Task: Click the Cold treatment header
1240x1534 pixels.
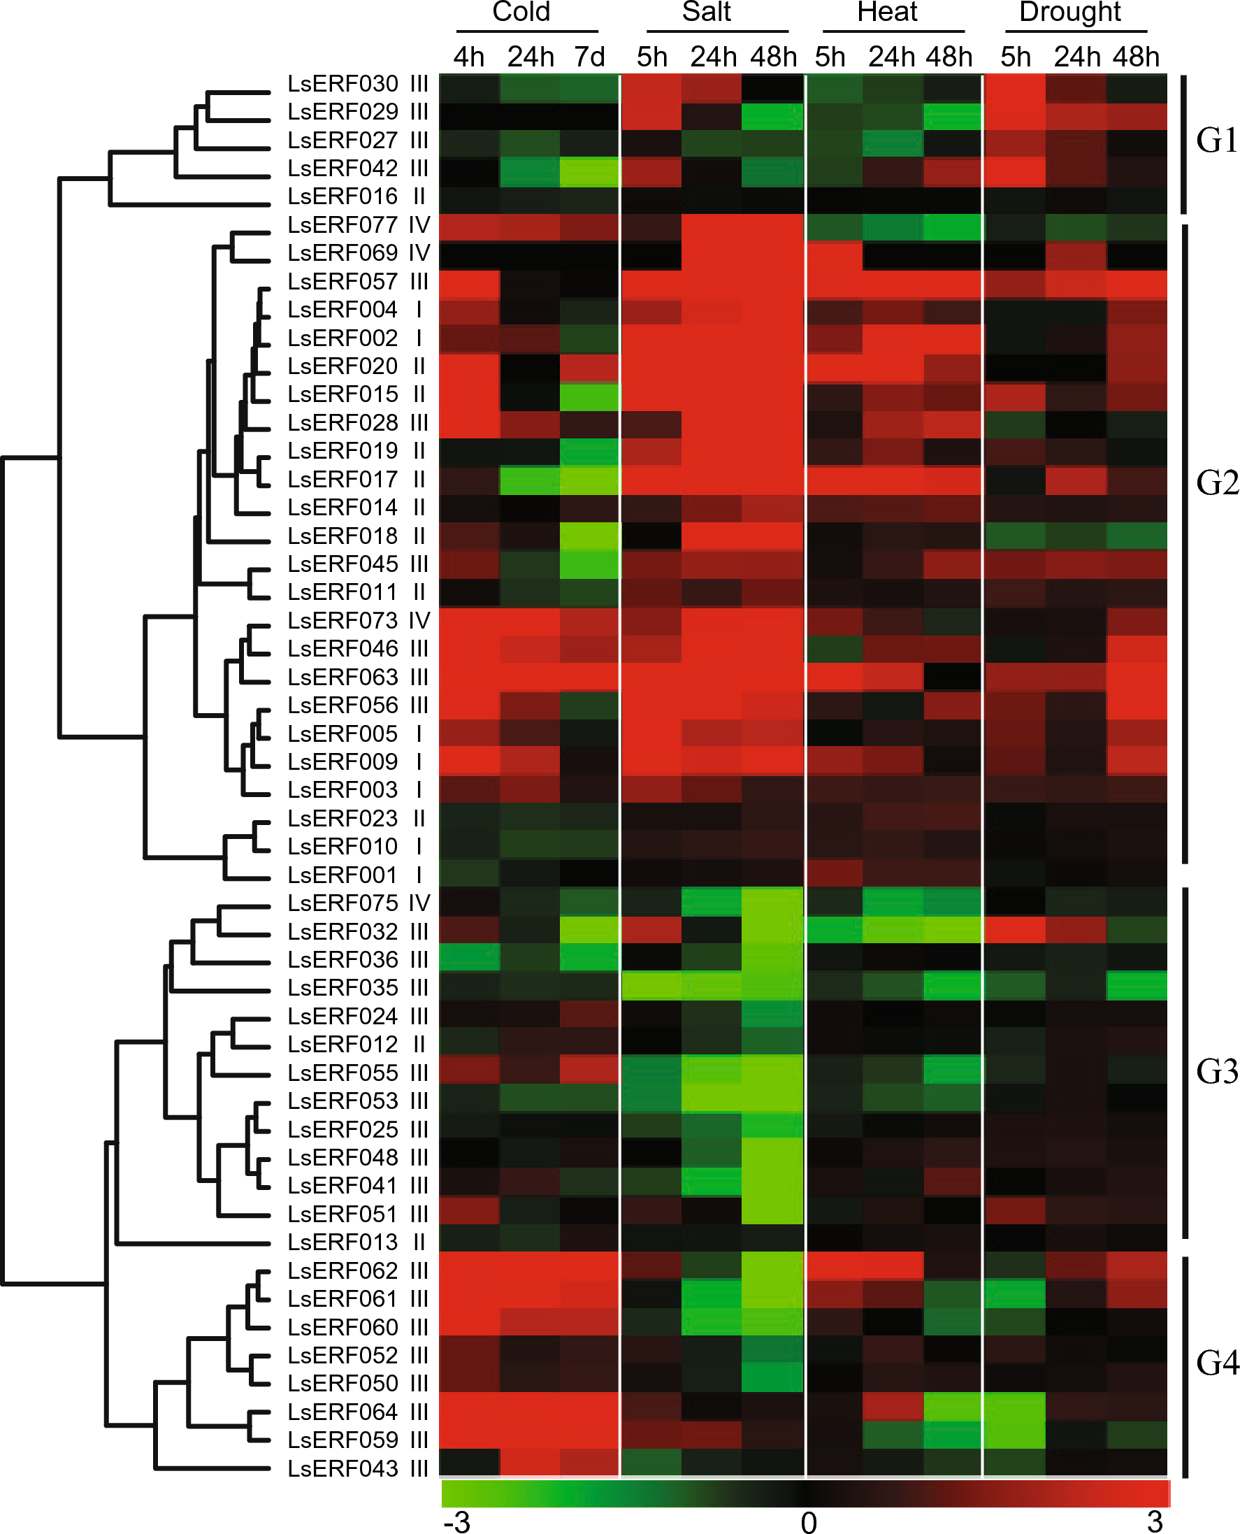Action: tap(521, 12)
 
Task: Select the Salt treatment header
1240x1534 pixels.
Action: tap(707, 12)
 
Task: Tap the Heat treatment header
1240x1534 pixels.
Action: tap(887, 12)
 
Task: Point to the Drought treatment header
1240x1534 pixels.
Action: tap(1070, 12)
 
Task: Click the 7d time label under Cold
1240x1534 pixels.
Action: tap(589, 57)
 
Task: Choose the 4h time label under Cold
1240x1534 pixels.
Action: tap(468, 57)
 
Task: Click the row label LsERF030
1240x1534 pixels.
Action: tap(343, 84)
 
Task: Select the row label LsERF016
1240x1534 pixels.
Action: tap(343, 196)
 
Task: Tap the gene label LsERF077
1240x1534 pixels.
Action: tap(343, 225)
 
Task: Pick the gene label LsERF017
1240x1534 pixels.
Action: tap(343, 480)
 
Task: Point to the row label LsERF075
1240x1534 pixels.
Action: tap(343, 904)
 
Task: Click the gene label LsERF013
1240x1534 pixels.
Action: tap(343, 1242)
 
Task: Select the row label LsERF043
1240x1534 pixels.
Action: tap(343, 1469)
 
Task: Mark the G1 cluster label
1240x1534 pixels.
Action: tap(1216, 141)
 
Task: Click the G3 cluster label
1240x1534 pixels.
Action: tap(1216, 1072)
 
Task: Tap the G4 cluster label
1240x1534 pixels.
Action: tap(1216, 1363)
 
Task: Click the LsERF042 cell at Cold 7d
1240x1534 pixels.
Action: tap(589, 169)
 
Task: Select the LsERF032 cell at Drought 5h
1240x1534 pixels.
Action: tap(1015, 932)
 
